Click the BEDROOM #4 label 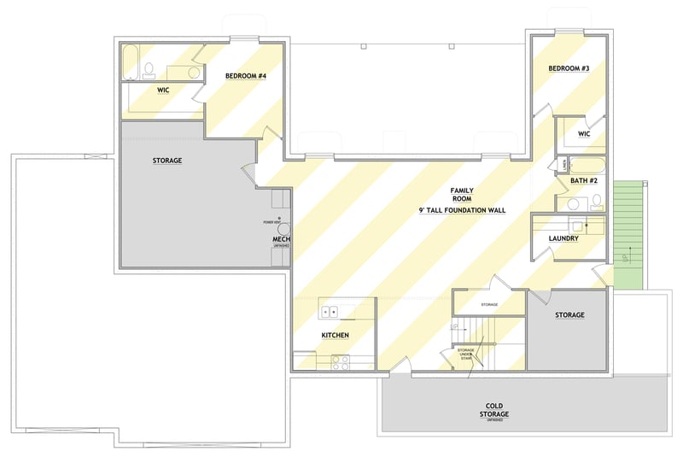[246, 76]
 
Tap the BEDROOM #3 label [569, 67]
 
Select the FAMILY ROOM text [463, 196]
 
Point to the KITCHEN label [335, 336]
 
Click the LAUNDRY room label [563, 238]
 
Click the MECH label [281, 239]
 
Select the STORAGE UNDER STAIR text [465, 354]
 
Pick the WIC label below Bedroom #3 [584, 134]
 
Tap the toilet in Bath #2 [597, 202]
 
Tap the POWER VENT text [271, 222]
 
